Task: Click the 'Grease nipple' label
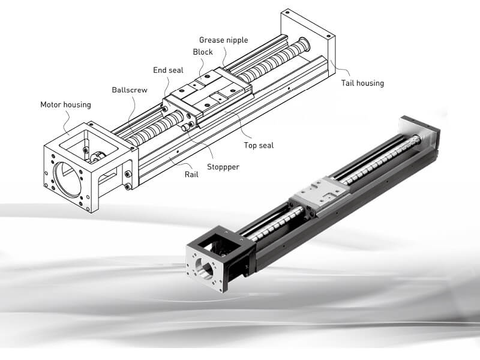point(223,40)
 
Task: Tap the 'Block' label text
point(203,52)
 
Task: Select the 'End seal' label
point(168,70)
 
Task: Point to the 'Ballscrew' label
point(130,90)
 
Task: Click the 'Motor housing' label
point(66,104)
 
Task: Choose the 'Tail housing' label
point(362,83)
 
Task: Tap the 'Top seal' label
point(259,145)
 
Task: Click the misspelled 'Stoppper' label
point(223,167)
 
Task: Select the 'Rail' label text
point(191,175)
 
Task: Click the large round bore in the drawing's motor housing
point(67,179)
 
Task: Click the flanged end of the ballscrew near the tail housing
point(304,44)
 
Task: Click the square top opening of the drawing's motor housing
point(88,143)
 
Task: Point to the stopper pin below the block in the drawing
point(187,126)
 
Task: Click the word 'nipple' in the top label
point(236,40)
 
